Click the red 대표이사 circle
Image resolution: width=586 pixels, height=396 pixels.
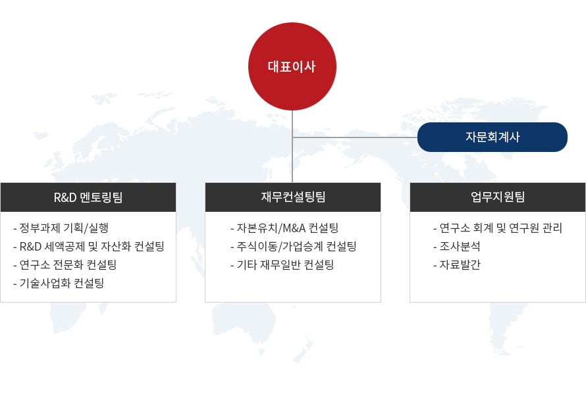point(292,66)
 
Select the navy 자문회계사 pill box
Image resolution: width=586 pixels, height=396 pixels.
point(493,137)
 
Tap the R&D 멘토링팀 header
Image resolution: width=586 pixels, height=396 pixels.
point(88,197)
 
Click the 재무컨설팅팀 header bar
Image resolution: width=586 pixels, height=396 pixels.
point(293,197)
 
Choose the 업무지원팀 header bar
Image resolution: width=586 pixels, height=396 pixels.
point(498,197)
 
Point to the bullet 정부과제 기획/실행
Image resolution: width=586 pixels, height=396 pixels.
point(61,228)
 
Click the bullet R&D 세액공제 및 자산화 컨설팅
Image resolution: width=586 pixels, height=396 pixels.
point(89,246)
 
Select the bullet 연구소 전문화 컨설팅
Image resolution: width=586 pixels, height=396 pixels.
point(65,264)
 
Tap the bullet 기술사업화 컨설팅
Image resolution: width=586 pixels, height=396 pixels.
point(59,283)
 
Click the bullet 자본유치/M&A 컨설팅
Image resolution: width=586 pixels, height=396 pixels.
point(285,228)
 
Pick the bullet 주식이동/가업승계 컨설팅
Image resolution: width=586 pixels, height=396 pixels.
point(294,246)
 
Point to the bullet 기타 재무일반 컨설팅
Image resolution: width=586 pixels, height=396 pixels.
point(282,264)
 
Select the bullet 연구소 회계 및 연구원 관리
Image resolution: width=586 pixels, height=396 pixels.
point(498,228)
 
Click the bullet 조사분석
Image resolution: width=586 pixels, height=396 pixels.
point(457,246)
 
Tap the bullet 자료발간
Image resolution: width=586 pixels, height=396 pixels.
point(457,264)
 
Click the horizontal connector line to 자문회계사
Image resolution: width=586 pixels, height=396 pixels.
point(355,137)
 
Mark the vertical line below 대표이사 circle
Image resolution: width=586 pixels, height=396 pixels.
point(292,147)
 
